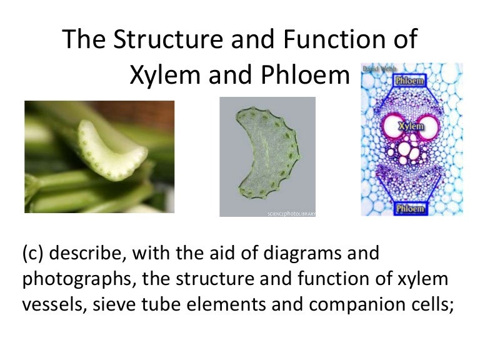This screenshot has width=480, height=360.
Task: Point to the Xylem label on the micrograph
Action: (x=409, y=126)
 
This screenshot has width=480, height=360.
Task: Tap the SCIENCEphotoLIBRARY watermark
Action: (x=291, y=213)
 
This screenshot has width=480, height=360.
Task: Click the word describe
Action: (x=86, y=254)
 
